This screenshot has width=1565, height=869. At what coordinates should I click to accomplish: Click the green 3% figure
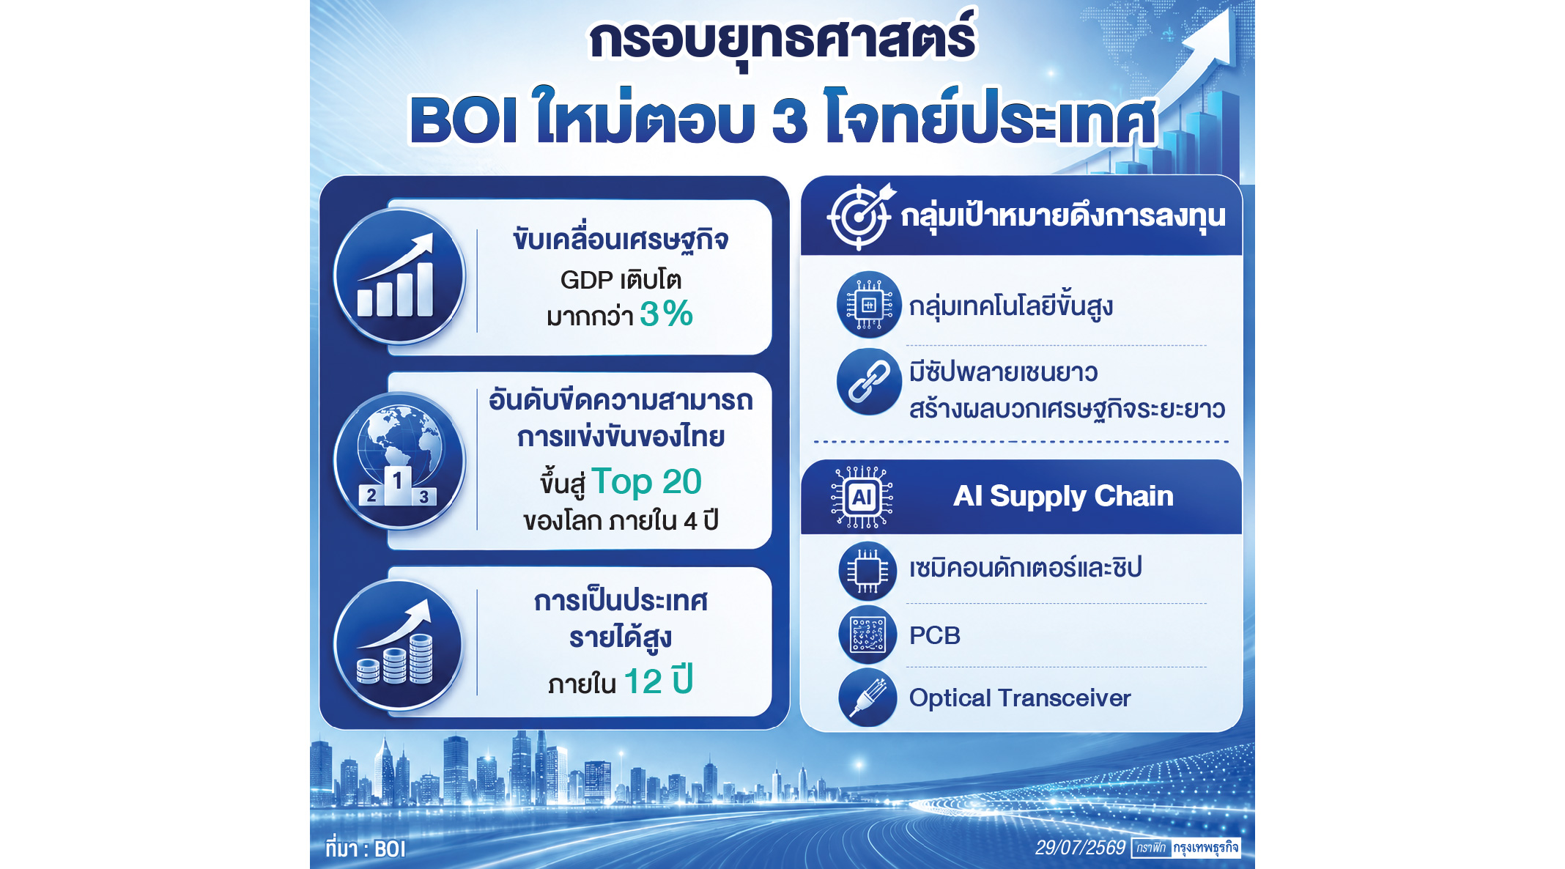(x=666, y=314)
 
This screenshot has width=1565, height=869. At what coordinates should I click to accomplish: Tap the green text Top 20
(x=646, y=482)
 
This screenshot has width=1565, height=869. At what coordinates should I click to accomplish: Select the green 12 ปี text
(x=658, y=681)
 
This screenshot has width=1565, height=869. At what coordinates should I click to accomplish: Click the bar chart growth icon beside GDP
(x=399, y=276)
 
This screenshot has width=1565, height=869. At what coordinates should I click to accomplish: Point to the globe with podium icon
(x=399, y=461)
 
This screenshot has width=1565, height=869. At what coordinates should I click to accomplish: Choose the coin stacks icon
(x=399, y=645)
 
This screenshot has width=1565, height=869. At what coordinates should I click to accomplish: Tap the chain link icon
(x=869, y=382)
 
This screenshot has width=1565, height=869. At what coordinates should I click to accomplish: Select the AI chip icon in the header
(x=862, y=498)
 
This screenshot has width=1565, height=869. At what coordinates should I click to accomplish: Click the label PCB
(x=934, y=635)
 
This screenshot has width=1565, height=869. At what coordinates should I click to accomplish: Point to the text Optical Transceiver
(x=1020, y=698)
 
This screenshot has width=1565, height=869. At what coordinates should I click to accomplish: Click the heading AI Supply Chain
(x=1063, y=497)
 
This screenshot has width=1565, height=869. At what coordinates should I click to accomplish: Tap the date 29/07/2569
(x=1080, y=848)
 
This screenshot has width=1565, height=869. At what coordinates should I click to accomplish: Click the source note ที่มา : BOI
(x=365, y=848)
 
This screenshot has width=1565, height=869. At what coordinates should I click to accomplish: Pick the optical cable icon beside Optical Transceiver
(x=867, y=698)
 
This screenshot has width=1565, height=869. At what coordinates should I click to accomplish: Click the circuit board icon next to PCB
(x=867, y=635)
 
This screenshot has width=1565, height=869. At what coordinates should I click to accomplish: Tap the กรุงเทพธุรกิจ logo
(x=1205, y=848)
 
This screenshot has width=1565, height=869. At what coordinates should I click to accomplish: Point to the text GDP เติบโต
(x=621, y=280)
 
